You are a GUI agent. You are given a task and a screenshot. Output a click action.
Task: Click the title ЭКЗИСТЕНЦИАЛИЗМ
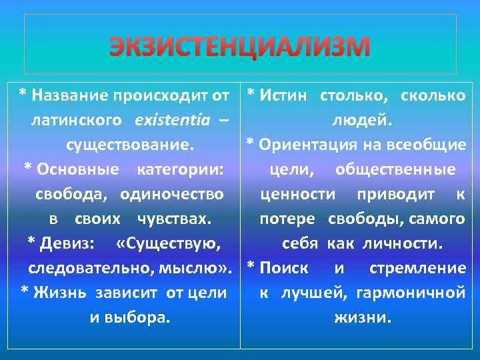(x=239, y=46)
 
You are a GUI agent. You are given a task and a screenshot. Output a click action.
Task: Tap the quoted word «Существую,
(x=168, y=243)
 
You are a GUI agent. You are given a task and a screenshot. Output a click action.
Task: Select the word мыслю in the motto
(x=201, y=268)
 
